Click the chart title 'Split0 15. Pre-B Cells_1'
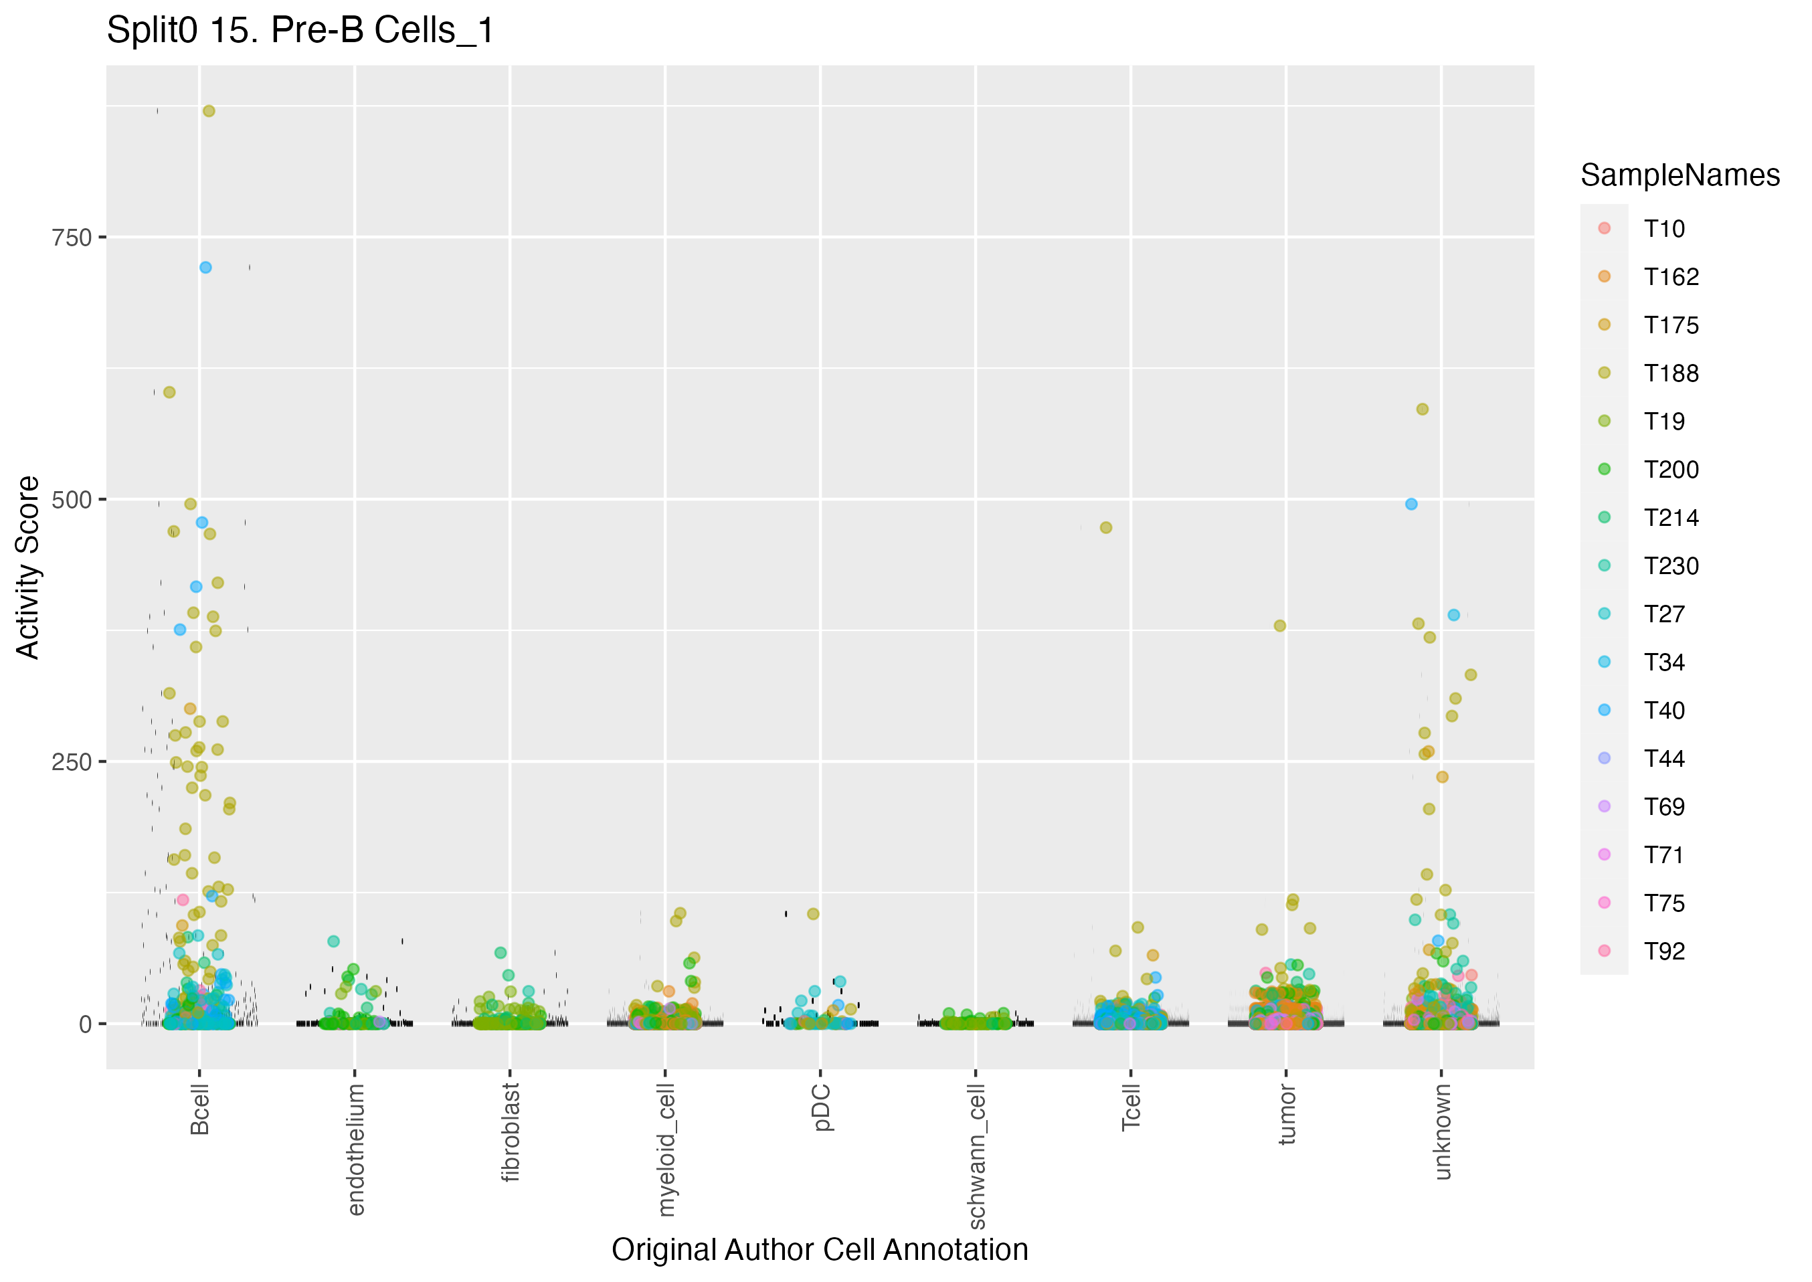[x=300, y=31]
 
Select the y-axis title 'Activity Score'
[x=28, y=567]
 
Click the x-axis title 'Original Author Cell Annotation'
[x=819, y=1250]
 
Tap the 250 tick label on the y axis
[x=72, y=763]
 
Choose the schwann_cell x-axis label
[x=976, y=1156]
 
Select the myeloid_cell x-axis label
[x=666, y=1149]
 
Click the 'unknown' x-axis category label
[x=1443, y=1131]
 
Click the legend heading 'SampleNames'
[x=1680, y=175]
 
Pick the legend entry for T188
[x=1671, y=373]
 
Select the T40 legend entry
[x=1663, y=711]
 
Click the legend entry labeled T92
[x=1663, y=951]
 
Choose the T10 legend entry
[x=1663, y=229]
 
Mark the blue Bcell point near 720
[x=205, y=268]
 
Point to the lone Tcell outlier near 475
[x=1105, y=527]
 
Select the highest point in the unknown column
[x=1422, y=409]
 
